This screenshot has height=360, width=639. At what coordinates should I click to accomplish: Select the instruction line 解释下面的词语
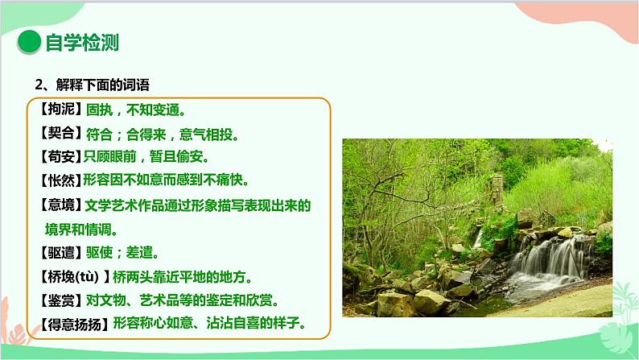[91, 84]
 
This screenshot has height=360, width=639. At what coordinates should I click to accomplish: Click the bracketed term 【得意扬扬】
[71, 325]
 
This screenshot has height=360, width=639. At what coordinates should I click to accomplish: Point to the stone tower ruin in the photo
[498, 194]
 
